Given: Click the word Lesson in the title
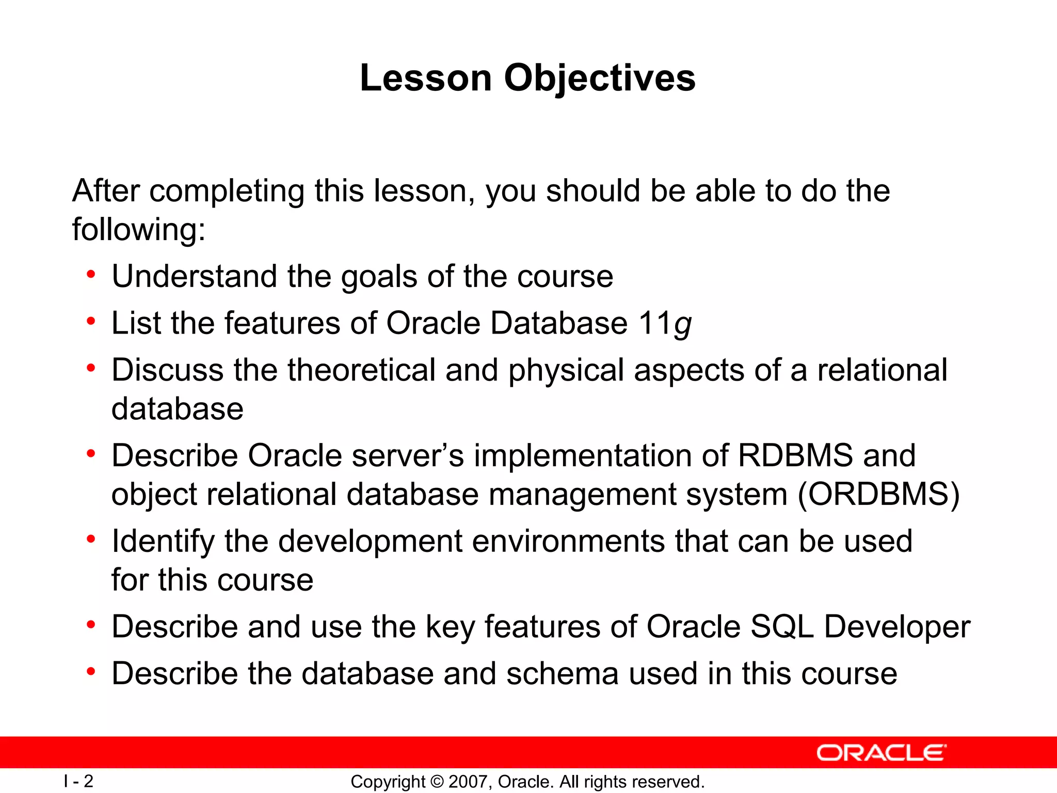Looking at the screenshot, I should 426,78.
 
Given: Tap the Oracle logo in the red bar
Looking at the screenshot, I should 881,753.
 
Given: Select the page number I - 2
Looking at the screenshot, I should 78,781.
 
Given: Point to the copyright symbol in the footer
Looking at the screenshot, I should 437,782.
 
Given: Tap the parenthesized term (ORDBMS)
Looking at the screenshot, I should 878,494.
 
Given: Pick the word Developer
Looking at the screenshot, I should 897,627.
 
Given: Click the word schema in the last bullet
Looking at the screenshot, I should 562,674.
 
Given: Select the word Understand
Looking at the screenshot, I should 194,276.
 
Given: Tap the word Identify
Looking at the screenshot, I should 163,542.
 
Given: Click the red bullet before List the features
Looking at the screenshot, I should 91,322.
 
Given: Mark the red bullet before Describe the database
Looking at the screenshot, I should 91,672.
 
